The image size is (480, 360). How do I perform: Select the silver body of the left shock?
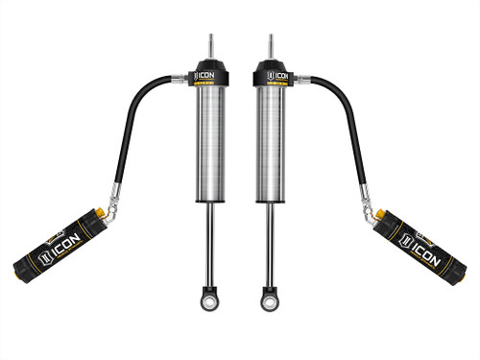[x=210, y=144]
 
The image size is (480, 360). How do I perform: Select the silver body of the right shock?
[x=270, y=144]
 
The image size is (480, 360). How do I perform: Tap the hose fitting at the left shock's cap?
[x=180, y=79]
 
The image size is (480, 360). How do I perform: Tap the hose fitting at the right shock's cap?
[x=300, y=79]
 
